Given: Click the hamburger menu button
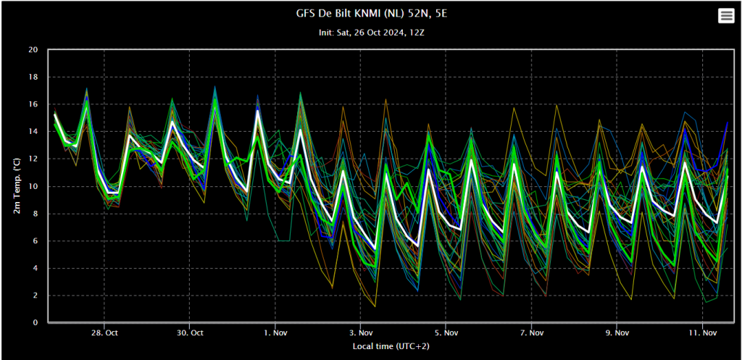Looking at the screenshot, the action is tap(725, 16).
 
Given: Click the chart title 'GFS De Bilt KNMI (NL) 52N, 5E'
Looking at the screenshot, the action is tap(371, 14).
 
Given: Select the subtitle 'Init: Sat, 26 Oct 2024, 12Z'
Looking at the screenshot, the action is tap(371, 33).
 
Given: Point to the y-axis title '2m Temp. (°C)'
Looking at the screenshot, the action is tap(17, 186).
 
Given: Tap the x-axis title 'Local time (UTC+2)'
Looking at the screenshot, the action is tap(391, 346).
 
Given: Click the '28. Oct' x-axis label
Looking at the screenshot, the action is tap(104, 332).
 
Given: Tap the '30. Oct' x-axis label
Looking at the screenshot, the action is tap(190, 332).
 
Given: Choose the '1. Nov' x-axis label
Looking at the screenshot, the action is tap(275, 332).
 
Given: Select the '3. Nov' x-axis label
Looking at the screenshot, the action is tap(360, 332).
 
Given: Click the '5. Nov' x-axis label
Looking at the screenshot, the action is tap(446, 332).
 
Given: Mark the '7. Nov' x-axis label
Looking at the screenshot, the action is tap(531, 332).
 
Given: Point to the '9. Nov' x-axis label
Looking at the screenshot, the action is tap(617, 332).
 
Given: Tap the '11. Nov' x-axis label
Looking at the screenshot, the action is tap(702, 332).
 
